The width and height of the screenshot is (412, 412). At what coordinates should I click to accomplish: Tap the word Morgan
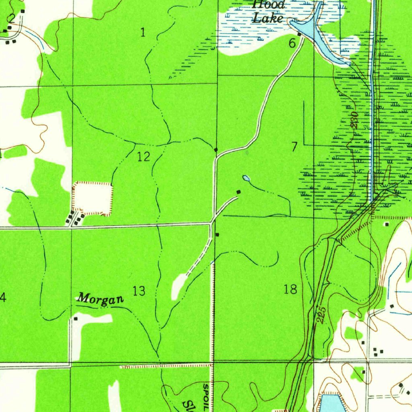[x=100, y=299]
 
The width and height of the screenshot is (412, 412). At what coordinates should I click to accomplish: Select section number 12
[x=144, y=157]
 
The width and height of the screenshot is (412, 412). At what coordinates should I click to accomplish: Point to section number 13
[x=139, y=290]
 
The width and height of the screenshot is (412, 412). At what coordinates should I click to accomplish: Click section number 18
[x=290, y=288]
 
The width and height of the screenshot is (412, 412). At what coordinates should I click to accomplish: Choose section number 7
[x=295, y=147]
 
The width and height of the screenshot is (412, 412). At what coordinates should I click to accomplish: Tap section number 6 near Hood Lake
[x=292, y=43]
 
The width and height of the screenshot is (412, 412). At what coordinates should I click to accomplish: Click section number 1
[x=143, y=33]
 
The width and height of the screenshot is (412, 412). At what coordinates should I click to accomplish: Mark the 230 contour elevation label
[x=354, y=120]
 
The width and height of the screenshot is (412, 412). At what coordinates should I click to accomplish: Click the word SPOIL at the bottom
[x=206, y=397]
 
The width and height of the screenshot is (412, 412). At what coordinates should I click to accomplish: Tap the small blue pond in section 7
[x=246, y=178]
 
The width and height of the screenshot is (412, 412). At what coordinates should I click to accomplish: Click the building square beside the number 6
[x=299, y=35]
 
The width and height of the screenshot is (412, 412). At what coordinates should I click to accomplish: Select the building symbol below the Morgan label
[x=76, y=319]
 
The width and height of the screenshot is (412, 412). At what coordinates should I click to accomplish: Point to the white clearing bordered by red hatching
[x=93, y=197]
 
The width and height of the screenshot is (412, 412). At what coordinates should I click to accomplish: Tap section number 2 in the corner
[x=11, y=18]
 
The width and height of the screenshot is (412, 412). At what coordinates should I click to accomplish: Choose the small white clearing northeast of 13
[x=179, y=286]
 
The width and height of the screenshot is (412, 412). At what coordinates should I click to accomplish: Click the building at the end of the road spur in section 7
[x=239, y=192]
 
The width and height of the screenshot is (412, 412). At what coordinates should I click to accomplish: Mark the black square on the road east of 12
[x=216, y=150]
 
